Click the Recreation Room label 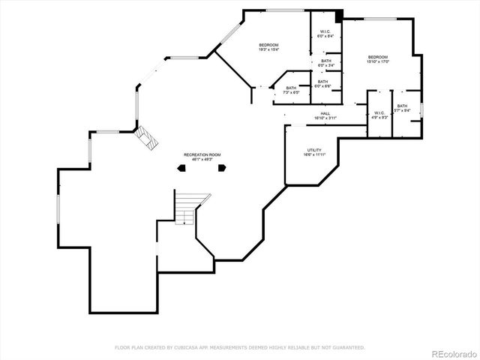coord(202,154)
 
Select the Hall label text coord(325,113)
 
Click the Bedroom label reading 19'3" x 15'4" coord(268,46)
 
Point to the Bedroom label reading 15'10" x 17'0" coord(377,57)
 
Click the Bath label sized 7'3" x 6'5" coord(291,88)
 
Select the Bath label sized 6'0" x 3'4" coord(325,61)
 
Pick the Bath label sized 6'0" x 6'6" coord(322,82)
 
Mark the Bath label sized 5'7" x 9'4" coord(402,106)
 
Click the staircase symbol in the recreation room coord(190,208)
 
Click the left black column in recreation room coord(181,169)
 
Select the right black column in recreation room coord(222,169)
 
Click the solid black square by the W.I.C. coord(339,14)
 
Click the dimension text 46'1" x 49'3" coord(202,159)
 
